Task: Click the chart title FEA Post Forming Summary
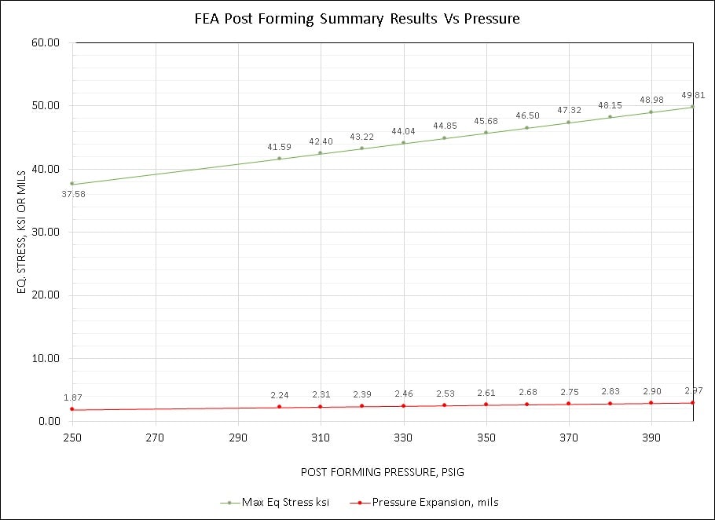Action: [357, 18]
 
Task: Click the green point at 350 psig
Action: [486, 132]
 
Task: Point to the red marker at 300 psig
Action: [279, 406]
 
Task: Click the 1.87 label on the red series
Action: [73, 397]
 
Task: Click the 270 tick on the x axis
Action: [155, 437]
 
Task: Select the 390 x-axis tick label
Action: [651, 437]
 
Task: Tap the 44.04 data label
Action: [403, 131]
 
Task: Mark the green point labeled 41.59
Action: [279, 158]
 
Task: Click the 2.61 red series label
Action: [486, 393]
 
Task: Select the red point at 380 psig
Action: [610, 403]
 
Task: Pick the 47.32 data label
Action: [568, 111]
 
